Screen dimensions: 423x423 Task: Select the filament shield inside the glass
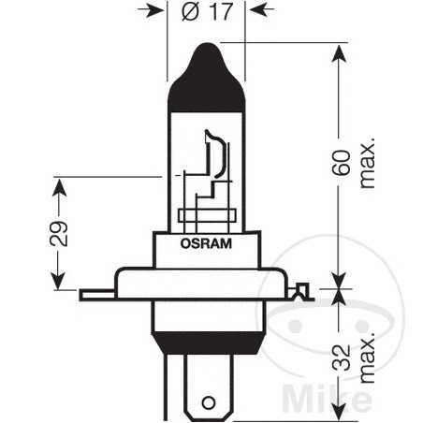[214, 155]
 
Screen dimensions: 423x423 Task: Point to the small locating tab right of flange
[300, 293]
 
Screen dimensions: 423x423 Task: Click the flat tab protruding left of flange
[95, 294]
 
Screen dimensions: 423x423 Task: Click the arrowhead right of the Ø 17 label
[251, 13]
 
